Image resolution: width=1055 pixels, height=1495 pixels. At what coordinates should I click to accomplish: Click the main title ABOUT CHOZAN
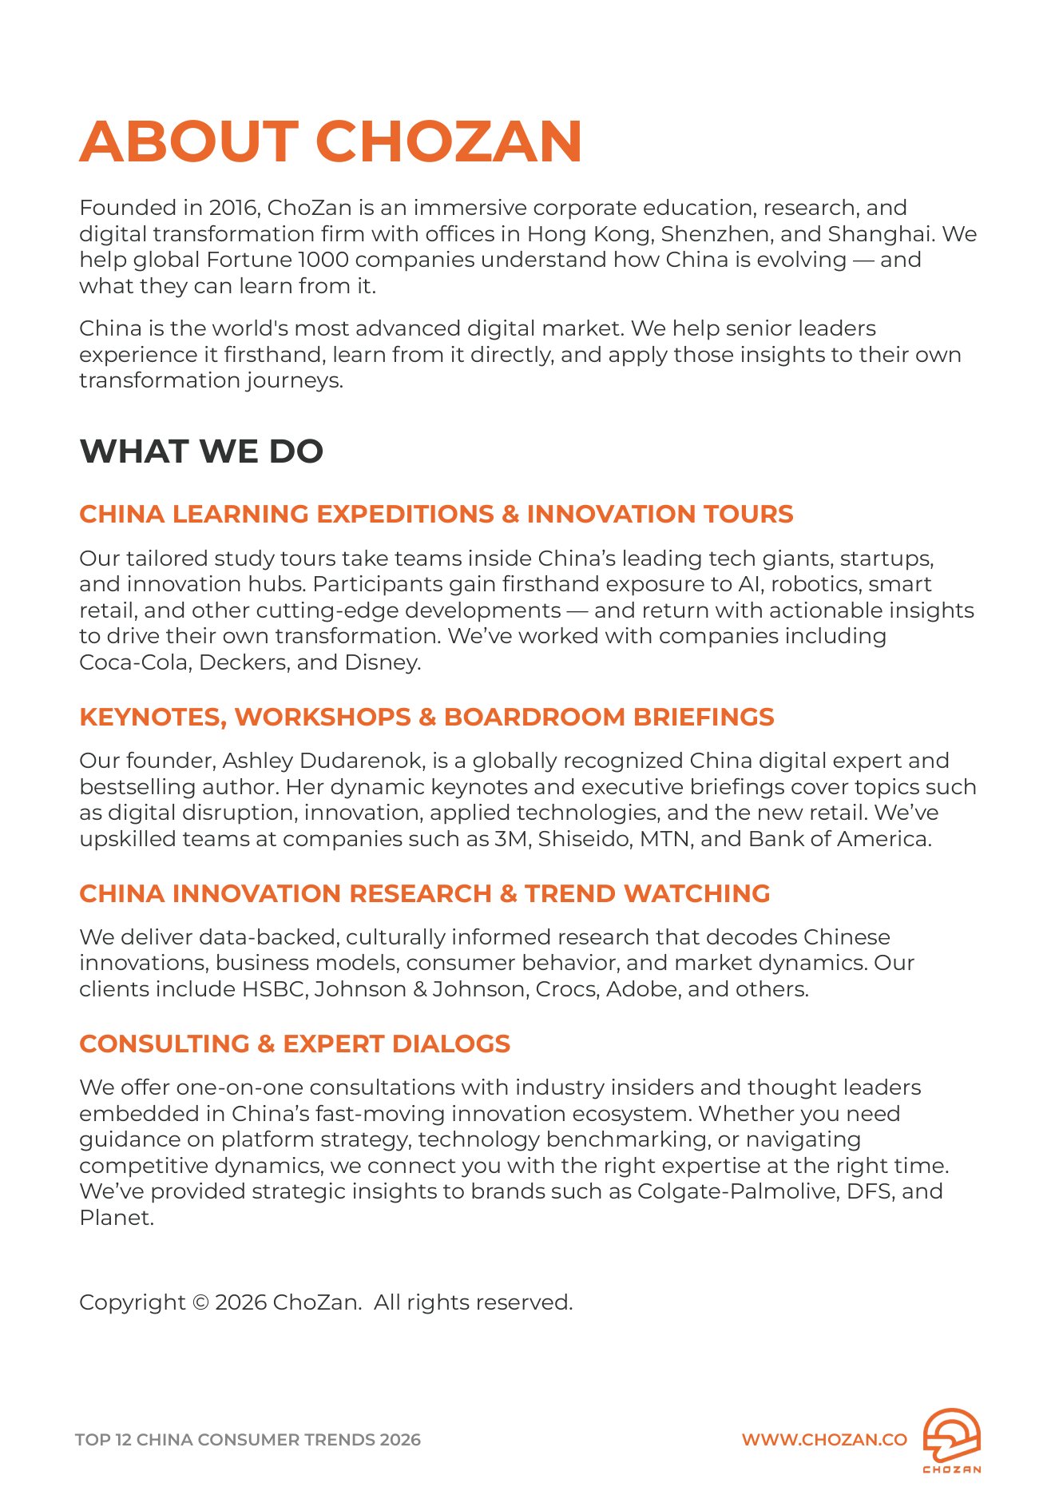[330, 141]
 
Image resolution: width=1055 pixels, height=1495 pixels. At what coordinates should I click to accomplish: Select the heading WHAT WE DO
[201, 451]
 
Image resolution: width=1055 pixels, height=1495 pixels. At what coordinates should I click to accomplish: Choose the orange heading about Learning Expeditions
[436, 514]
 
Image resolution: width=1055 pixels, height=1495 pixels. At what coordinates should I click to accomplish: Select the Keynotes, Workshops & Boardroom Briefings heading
[426, 717]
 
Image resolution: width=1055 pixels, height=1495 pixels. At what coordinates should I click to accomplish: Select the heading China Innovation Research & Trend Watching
[424, 893]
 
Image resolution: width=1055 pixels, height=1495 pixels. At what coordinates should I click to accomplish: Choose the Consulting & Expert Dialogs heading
[295, 1044]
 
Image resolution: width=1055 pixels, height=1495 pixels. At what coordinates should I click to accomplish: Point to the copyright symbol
[200, 1302]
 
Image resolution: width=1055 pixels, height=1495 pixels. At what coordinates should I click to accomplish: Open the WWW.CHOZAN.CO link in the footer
[824, 1440]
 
